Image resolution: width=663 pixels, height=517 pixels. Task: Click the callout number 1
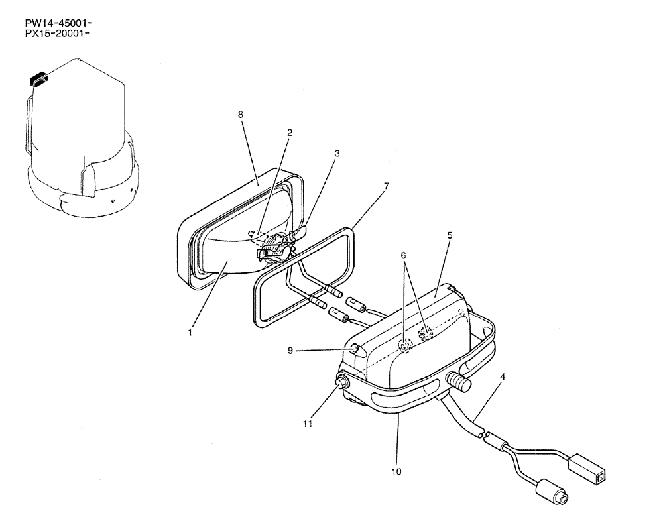pyautogui.click(x=190, y=333)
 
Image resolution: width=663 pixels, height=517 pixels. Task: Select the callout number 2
pyautogui.click(x=289, y=132)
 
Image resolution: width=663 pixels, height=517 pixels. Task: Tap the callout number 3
pyautogui.click(x=337, y=153)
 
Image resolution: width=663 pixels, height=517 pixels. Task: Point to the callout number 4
pyautogui.click(x=502, y=377)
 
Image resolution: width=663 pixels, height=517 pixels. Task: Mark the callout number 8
pyautogui.click(x=240, y=114)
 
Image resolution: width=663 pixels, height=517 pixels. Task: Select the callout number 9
pyautogui.click(x=290, y=351)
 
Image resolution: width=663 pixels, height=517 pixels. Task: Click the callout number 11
pyautogui.click(x=306, y=422)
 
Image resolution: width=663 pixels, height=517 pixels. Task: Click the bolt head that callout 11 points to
pyautogui.click(x=344, y=384)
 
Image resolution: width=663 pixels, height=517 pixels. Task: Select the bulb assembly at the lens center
pyautogui.click(x=275, y=249)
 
